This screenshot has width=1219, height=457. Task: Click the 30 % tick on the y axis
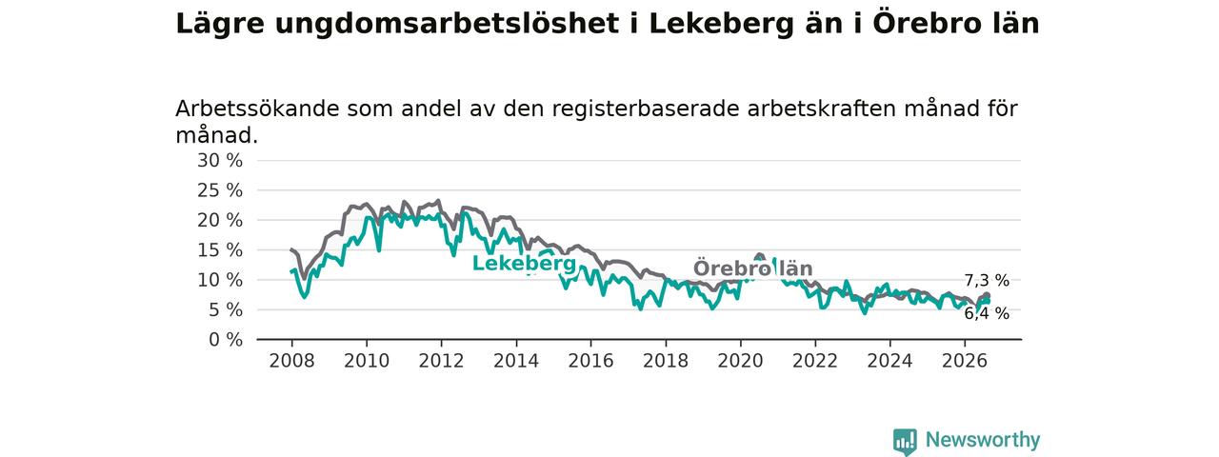click(220, 161)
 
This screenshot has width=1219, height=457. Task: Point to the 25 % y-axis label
click(220, 190)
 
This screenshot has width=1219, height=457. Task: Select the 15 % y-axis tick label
click(220, 250)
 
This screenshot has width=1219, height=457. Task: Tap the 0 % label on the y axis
click(226, 340)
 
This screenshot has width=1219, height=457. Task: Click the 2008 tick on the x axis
click(291, 361)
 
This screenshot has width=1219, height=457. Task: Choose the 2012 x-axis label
click(441, 361)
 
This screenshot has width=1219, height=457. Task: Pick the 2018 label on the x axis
click(666, 361)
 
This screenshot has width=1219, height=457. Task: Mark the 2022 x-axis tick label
click(815, 361)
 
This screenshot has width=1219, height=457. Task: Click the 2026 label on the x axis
click(965, 361)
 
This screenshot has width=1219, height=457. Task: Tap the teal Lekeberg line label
click(524, 264)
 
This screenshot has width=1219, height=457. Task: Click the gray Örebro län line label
click(752, 268)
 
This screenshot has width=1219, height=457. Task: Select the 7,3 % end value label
click(987, 281)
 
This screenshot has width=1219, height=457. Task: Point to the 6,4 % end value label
click(987, 313)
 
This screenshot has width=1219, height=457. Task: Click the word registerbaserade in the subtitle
click(646, 109)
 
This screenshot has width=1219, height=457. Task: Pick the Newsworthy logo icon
click(905, 441)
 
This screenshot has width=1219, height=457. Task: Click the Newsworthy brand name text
click(983, 440)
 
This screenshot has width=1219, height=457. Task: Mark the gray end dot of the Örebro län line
click(987, 296)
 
